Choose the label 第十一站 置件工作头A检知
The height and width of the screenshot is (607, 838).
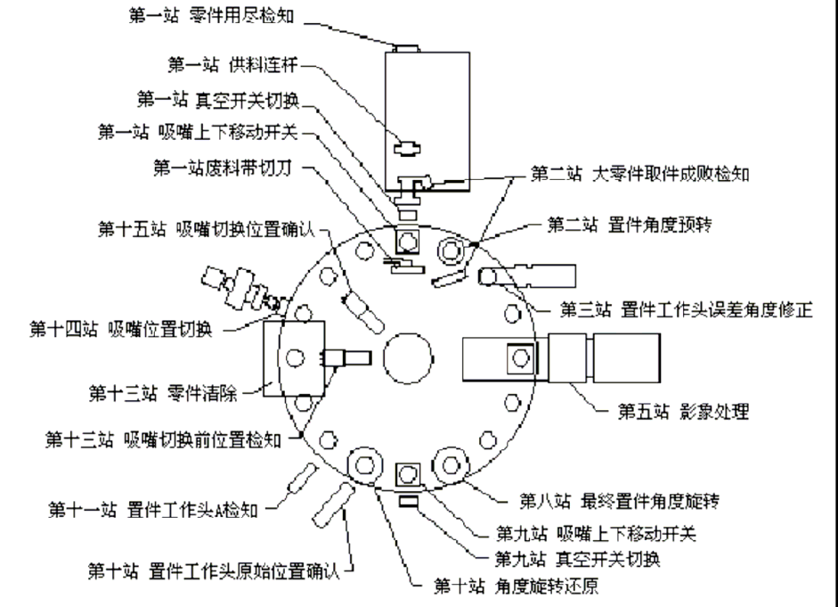click(x=151, y=511)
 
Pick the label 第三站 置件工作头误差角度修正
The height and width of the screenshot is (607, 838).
click(x=686, y=309)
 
